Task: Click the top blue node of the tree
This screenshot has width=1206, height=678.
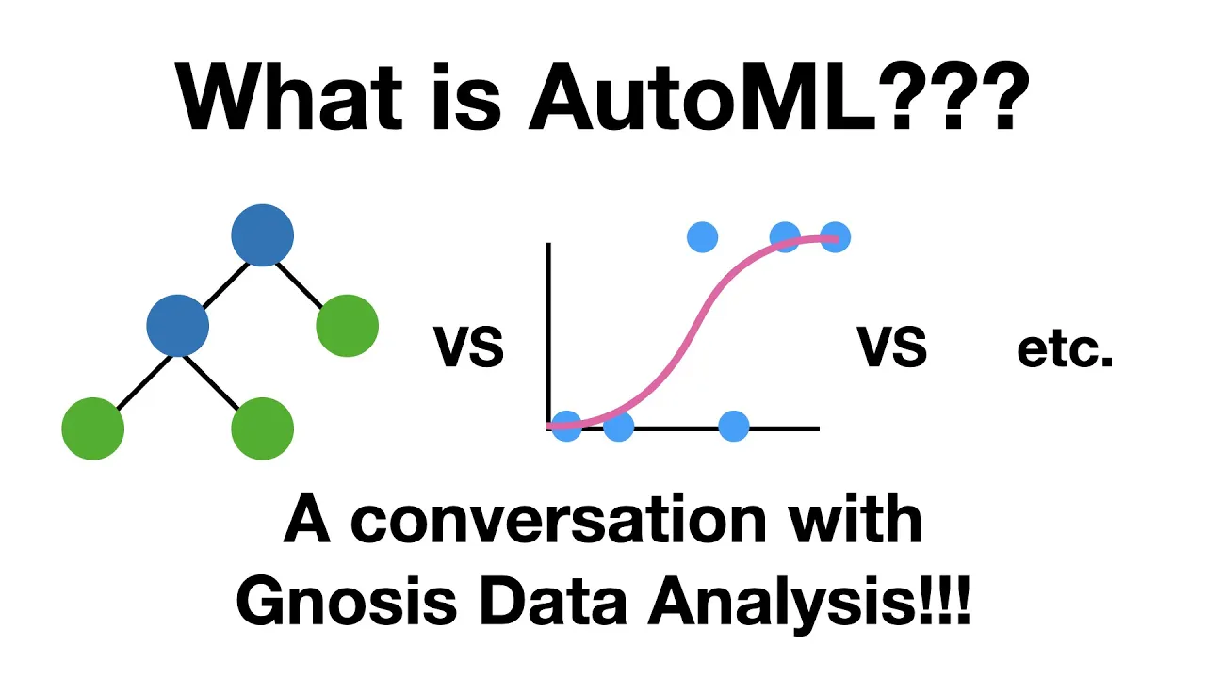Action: [263, 234]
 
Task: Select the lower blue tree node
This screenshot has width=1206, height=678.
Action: [178, 325]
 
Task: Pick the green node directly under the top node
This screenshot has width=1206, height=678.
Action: [347, 325]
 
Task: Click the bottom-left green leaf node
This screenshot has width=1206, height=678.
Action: [92, 428]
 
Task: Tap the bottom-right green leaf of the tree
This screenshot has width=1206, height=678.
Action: [263, 428]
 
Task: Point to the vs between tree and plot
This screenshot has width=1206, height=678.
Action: [468, 349]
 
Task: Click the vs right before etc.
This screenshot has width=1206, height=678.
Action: [891, 349]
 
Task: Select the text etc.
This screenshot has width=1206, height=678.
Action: [1065, 349]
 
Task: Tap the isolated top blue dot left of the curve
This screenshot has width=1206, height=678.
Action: [702, 236]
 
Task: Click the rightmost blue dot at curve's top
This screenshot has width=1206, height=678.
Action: [835, 236]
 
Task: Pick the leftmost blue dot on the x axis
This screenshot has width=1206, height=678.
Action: [566, 427]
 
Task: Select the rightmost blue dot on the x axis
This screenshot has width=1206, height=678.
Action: [733, 427]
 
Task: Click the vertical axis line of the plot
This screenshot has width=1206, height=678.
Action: [548, 330]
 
